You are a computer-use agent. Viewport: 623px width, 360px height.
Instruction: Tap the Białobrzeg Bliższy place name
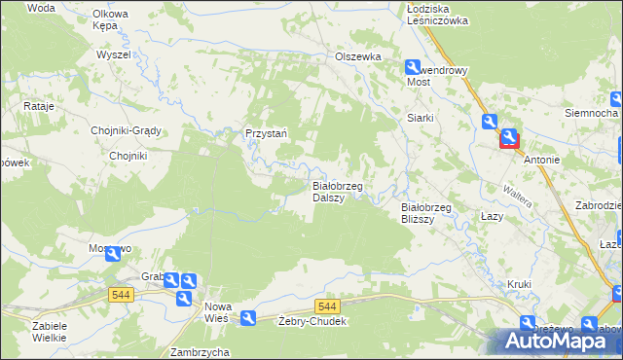point(427,212)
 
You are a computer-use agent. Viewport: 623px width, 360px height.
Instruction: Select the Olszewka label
point(357,56)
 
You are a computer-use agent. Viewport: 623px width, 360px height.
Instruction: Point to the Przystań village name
point(265,134)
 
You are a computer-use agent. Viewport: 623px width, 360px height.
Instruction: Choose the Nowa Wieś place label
point(216,311)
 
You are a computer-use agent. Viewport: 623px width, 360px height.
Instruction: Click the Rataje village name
point(37,106)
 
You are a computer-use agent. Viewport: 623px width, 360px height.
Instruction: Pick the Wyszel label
point(113,54)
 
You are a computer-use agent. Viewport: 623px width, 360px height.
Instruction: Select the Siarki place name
point(420,118)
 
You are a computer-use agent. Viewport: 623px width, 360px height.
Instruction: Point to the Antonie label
point(541,159)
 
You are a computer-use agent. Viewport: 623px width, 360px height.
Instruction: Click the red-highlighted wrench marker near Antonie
point(510,138)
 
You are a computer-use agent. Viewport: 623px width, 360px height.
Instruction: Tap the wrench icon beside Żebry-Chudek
point(248,317)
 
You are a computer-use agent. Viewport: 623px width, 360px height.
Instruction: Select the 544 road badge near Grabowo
point(122,295)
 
